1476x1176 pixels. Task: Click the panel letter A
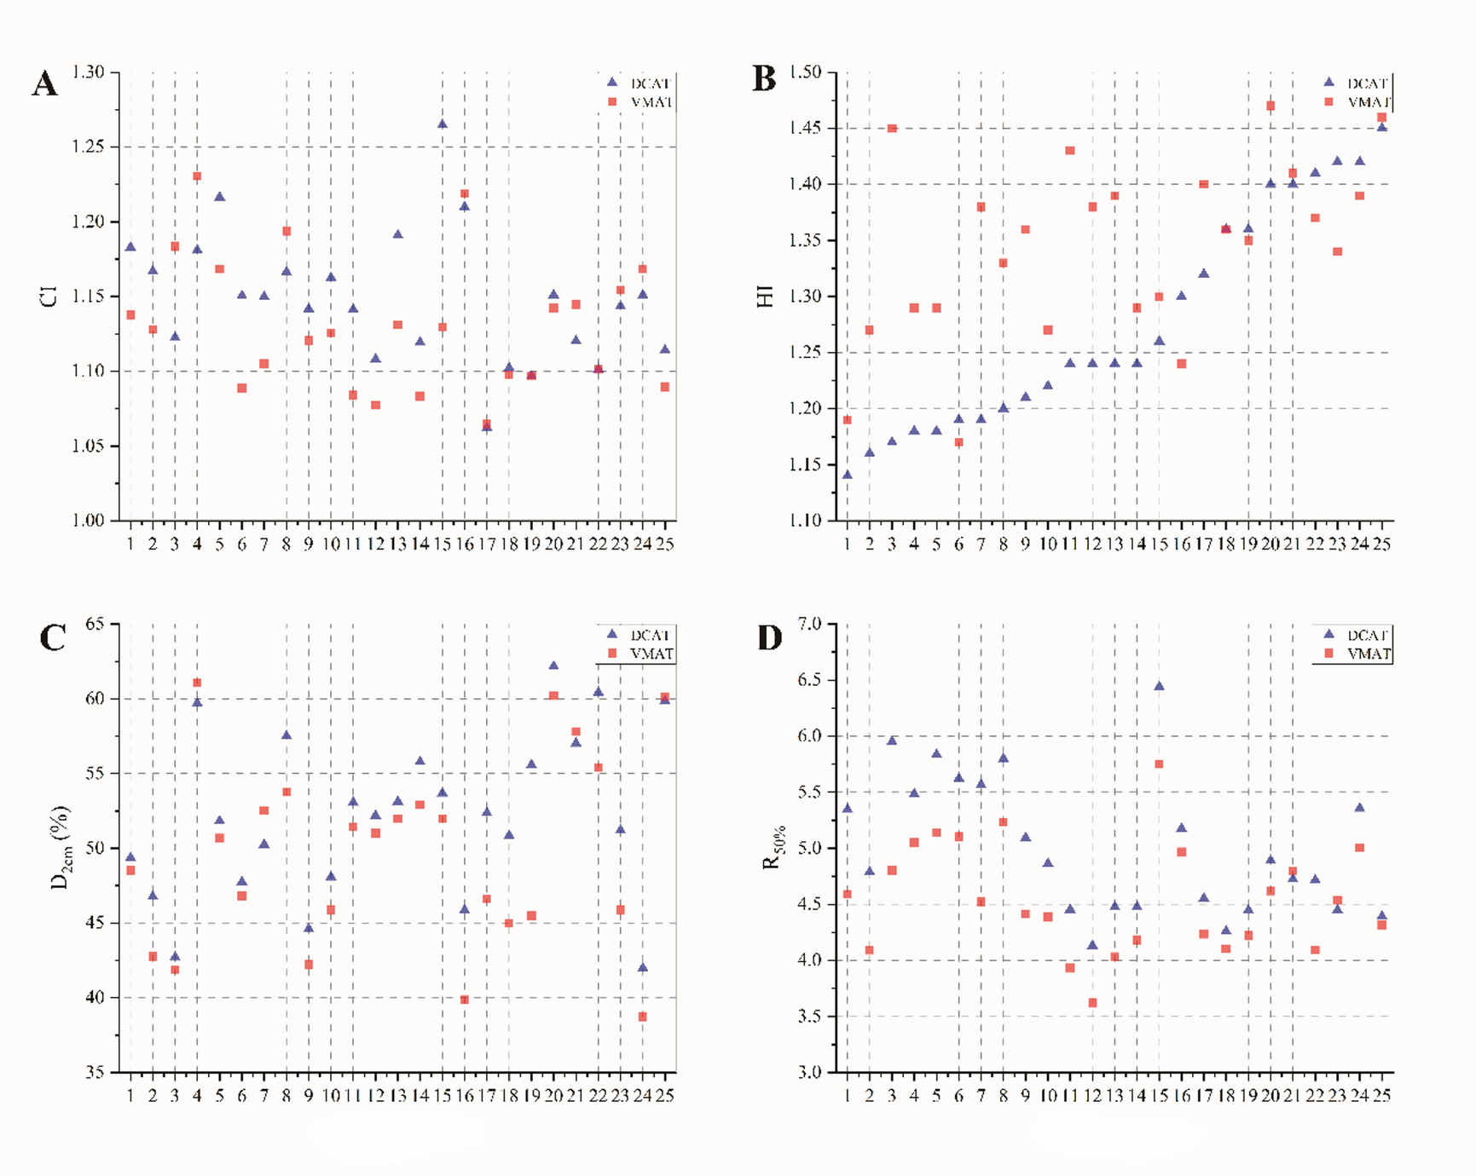point(45,84)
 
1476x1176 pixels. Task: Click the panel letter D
point(769,637)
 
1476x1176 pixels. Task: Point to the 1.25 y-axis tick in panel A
point(88,147)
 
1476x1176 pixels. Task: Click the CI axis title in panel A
point(49,296)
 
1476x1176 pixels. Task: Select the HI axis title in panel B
point(766,296)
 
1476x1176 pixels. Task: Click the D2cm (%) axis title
point(61,848)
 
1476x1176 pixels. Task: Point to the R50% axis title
point(773,848)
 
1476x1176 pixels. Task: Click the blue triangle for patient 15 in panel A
point(443,124)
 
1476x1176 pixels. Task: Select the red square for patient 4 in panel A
point(197,176)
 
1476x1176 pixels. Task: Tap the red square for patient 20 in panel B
point(1271,107)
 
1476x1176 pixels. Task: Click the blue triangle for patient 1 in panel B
point(847,475)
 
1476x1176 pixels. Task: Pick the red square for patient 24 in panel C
point(643,1017)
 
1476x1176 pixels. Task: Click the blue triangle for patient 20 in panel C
point(553,666)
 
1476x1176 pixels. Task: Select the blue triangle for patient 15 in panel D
point(1159,686)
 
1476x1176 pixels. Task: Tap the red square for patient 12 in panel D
point(1092,1003)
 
